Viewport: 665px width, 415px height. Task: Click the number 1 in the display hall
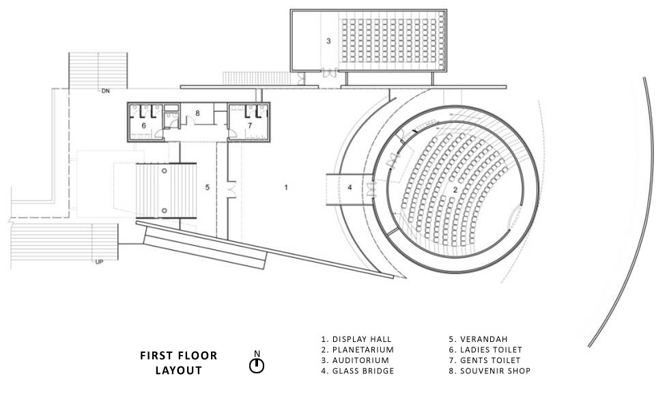(x=286, y=188)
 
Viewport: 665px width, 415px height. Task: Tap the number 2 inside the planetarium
(x=455, y=190)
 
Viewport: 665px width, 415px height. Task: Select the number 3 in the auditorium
(x=328, y=41)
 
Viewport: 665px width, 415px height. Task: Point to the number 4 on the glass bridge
(x=350, y=188)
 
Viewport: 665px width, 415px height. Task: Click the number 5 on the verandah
(x=208, y=188)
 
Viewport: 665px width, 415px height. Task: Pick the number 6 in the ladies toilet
(x=144, y=126)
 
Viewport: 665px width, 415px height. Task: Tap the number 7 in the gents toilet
(x=250, y=126)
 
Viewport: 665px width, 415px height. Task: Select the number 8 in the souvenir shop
(x=197, y=113)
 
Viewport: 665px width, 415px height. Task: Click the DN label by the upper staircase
(x=105, y=91)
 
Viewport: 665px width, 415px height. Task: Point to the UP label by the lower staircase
(x=99, y=262)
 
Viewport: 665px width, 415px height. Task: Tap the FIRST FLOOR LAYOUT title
(x=179, y=363)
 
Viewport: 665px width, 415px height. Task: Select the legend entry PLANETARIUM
(x=358, y=349)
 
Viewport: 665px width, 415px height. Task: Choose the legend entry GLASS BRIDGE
(x=358, y=371)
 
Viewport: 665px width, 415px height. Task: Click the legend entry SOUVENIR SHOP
(x=490, y=371)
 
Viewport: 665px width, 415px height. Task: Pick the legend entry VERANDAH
(x=479, y=339)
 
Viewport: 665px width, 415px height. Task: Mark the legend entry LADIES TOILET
(x=485, y=349)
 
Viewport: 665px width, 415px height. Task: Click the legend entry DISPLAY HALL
(x=356, y=339)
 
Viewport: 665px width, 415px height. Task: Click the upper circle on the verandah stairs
(x=165, y=171)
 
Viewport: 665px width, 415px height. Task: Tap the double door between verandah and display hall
(x=231, y=190)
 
